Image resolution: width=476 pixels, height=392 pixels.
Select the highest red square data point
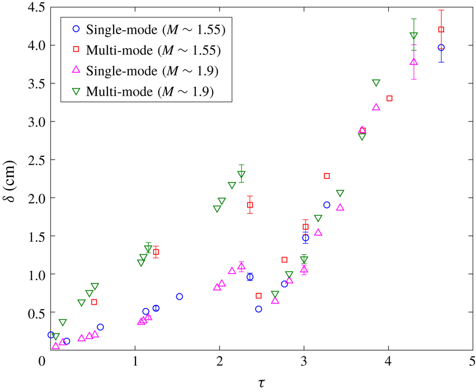click(441, 30)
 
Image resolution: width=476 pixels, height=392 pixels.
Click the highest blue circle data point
click(441, 48)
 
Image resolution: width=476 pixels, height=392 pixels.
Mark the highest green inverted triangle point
click(414, 36)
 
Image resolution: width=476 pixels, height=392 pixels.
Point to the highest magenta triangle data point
click(414, 62)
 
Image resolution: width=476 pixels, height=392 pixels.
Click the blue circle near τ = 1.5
click(179, 296)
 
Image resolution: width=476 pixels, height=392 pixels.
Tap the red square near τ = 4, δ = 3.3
click(389, 99)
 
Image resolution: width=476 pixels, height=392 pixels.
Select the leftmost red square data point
click(94, 302)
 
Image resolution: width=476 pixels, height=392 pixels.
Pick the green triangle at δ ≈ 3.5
click(376, 83)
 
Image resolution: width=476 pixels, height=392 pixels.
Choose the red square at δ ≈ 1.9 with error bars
click(250, 205)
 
